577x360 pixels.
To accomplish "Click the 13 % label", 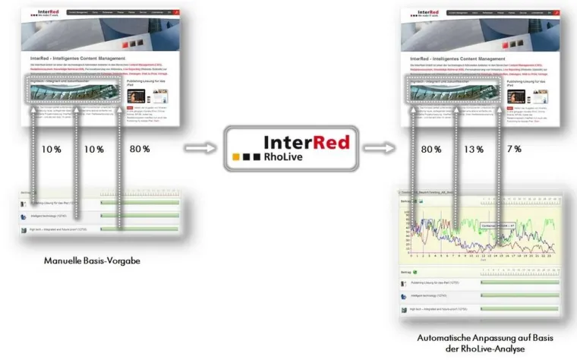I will [x=474, y=149].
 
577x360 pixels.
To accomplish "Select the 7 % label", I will [x=513, y=149].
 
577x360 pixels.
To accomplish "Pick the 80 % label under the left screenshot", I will [x=140, y=149].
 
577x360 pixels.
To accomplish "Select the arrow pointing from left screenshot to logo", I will [x=200, y=149].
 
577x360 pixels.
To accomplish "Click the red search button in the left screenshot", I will [x=175, y=12].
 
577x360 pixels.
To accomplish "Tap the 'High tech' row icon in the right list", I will [x=404, y=310].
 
